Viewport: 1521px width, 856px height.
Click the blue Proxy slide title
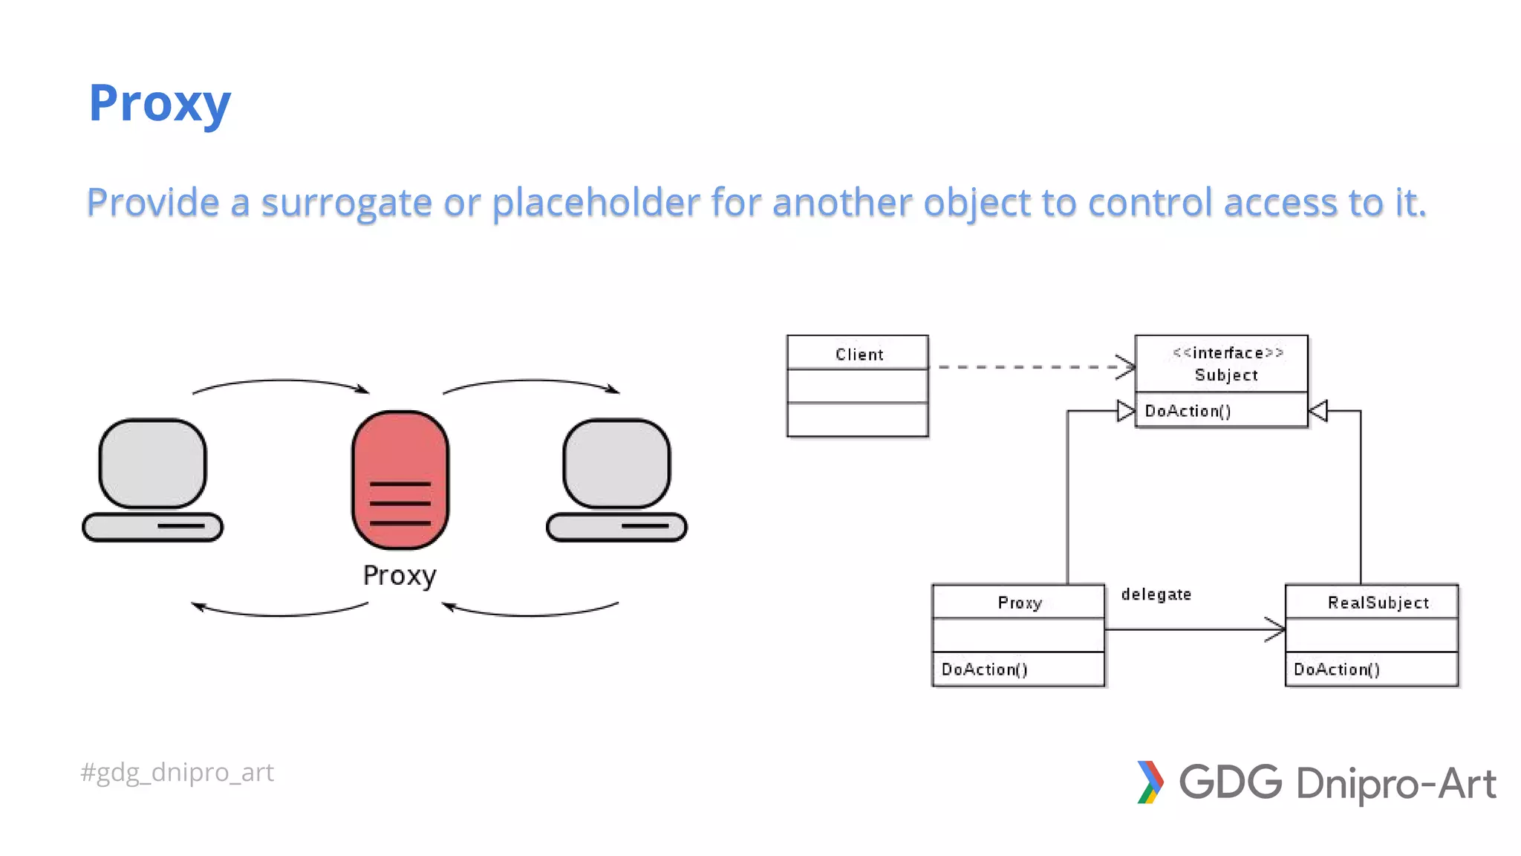(160, 103)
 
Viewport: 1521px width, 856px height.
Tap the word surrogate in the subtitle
(346, 203)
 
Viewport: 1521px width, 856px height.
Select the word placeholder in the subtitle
(596, 203)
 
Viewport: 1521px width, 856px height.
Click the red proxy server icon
(400, 479)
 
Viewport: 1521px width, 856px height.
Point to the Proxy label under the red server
(400, 576)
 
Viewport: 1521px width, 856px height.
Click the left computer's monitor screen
(153, 463)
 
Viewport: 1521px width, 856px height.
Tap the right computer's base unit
(616, 527)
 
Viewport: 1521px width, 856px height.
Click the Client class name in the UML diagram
(859, 354)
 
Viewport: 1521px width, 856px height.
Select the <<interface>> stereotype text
(1228, 353)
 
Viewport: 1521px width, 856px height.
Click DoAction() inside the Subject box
(1188, 411)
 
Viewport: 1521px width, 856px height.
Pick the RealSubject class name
(1378, 603)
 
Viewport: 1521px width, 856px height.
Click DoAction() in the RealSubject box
(1336, 669)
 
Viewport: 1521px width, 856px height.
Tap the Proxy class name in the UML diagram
(1020, 603)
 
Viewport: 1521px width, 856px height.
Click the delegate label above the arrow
(1156, 594)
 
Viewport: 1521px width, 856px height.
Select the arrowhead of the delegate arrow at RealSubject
(1275, 629)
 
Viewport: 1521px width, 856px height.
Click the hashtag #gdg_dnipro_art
(177, 773)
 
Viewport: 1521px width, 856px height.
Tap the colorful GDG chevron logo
(1150, 782)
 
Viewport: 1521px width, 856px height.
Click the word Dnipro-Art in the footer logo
(1395, 784)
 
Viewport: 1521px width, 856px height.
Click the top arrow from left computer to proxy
(281, 382)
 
